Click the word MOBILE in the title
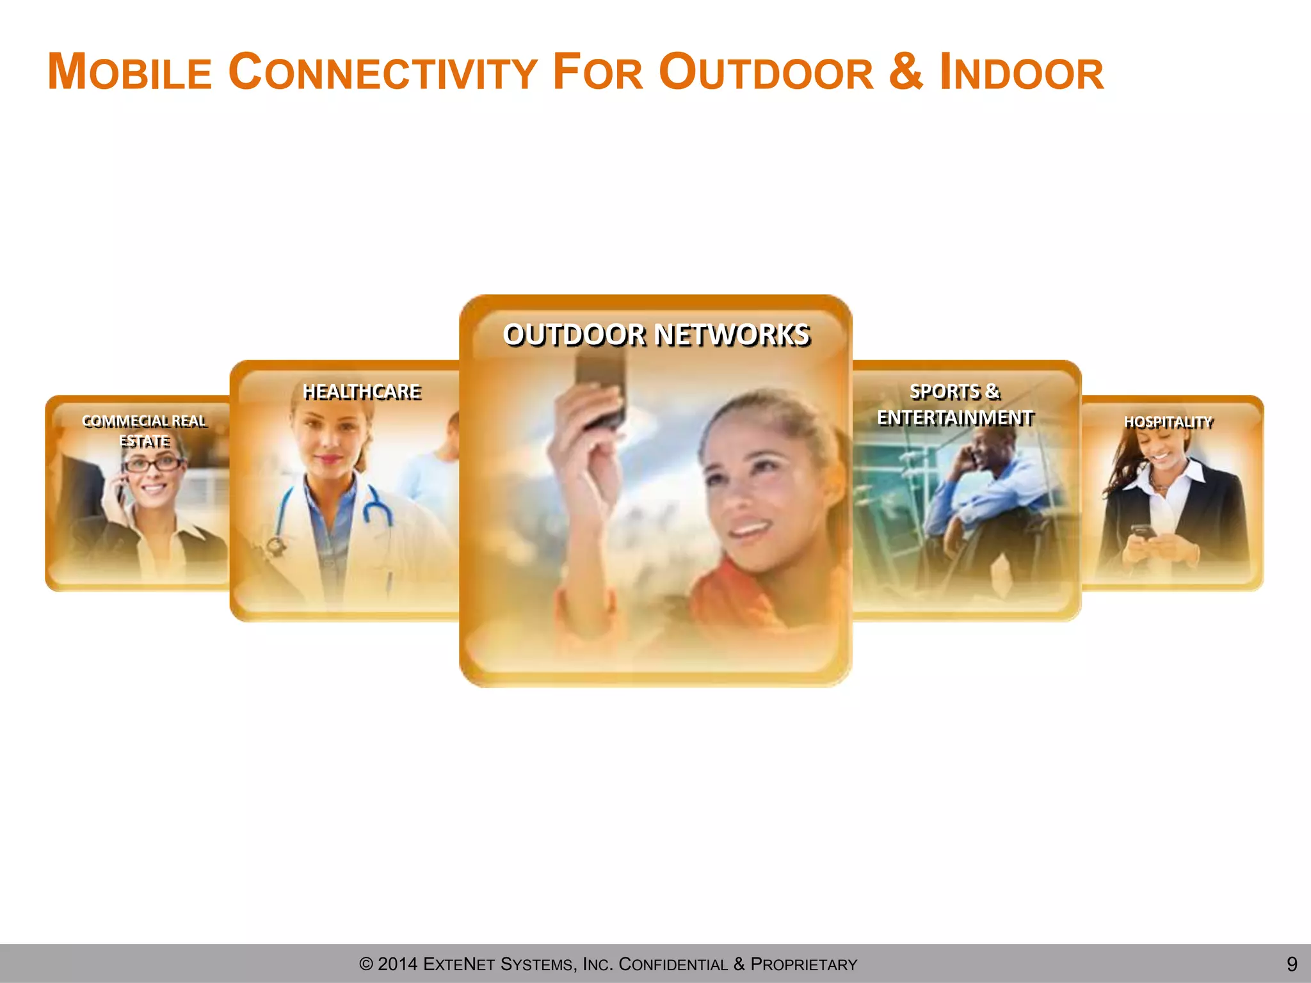(x=130, y=72)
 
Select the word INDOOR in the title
(x=1022, y=72)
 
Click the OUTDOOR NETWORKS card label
(x=657, y=335)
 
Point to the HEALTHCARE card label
(x=362, y=391)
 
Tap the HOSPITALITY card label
(x=1168, y=422)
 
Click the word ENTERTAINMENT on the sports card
(x=954, y=418)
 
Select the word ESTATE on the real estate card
(x=145, y=441)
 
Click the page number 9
(x=1292, y=964)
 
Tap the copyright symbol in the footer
(x=366, y=964)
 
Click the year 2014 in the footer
(x=398, y=964)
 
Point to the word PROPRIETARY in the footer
(x=803, y=964)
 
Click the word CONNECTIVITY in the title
(x=383, y=72)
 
